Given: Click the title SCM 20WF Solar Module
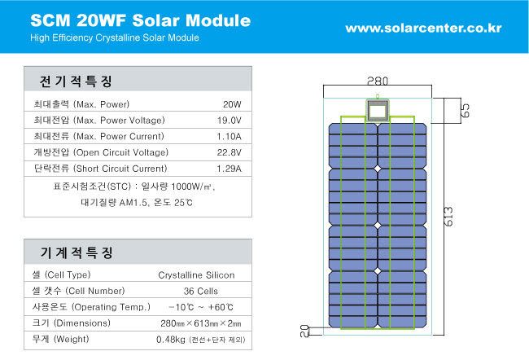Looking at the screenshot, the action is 140,20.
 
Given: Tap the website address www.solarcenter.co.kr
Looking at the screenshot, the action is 423,28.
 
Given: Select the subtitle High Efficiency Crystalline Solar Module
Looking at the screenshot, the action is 115,37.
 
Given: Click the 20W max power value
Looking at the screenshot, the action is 232,104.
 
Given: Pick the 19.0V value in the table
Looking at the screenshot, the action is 230,121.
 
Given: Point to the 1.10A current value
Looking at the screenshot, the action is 229,137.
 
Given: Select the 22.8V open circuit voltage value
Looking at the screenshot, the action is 229,152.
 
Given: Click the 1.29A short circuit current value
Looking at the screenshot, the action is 229,169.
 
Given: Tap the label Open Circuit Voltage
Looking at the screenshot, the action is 120,152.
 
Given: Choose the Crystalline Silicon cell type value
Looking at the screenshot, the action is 196,275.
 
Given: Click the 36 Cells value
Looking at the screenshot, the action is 201,291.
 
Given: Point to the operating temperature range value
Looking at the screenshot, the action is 201,307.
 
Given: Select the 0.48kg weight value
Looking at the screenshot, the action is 171,340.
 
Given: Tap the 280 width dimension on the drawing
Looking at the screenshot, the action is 378,81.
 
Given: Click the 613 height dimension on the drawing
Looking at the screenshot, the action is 448,217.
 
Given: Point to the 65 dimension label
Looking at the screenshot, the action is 465,111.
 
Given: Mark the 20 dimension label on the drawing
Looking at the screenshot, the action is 304,331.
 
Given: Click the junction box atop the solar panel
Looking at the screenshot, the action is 378,110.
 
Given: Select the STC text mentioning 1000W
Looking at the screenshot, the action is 134,187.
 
